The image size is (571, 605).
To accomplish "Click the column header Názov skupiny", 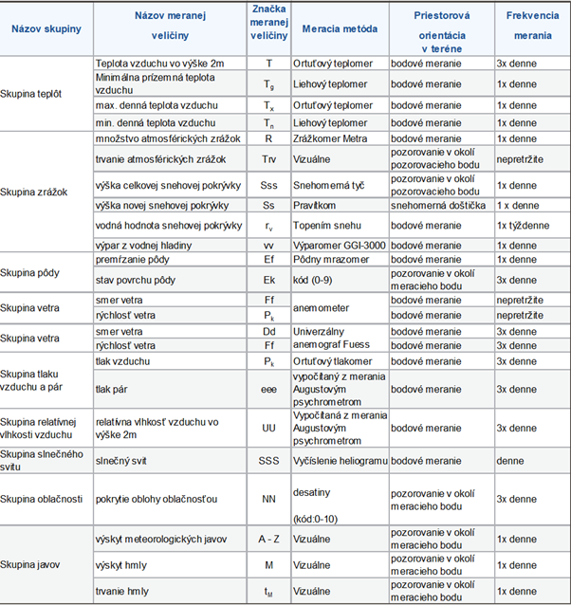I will point(46,28).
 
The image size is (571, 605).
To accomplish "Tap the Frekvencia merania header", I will point(530,27).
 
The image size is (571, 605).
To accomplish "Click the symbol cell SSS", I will point(268,460).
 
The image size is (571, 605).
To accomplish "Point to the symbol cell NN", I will point(268,499).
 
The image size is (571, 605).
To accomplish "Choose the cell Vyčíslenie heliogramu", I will point(344,460).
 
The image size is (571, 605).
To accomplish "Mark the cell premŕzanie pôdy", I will point(133,258).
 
